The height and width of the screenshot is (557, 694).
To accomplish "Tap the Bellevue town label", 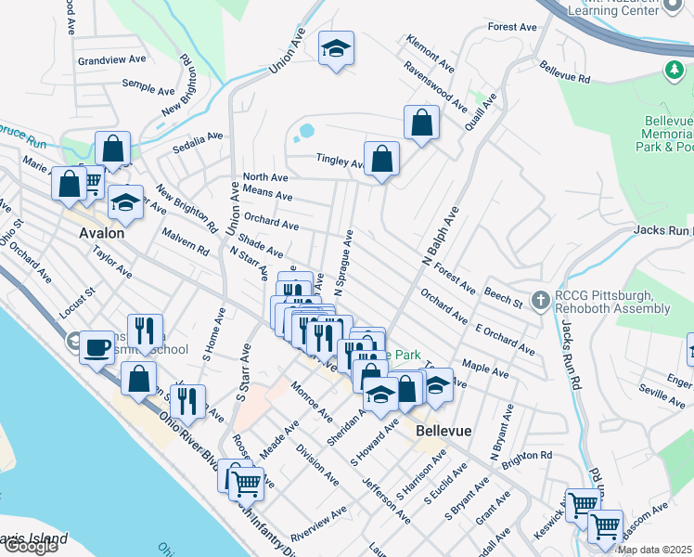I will (443, 432).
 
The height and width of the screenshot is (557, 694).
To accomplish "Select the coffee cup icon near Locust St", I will (96, 348).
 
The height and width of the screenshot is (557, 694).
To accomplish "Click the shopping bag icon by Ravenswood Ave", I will (421, 122).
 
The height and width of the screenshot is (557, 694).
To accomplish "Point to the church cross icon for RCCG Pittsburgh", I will (541, 300).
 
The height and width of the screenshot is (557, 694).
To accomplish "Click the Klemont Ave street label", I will (430, 54).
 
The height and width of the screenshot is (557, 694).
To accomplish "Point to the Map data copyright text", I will (655, 549).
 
